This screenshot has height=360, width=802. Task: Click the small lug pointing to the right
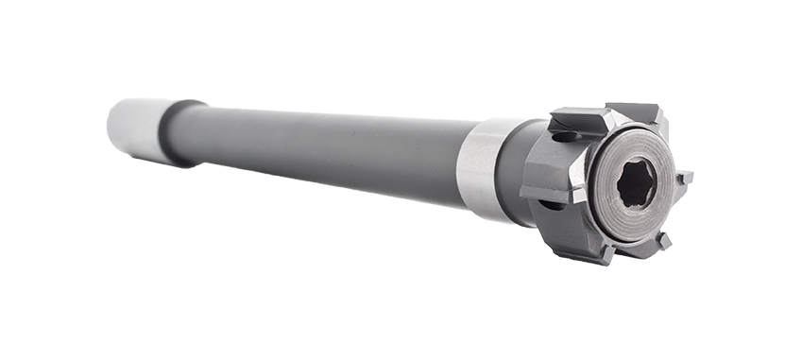click(x=683, y=177)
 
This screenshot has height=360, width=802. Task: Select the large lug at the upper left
click(x=576, y=119)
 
